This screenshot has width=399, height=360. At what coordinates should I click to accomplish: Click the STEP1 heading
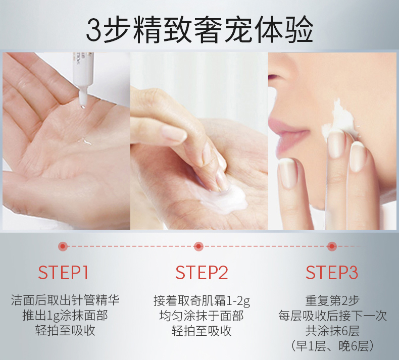(x=63, y=273)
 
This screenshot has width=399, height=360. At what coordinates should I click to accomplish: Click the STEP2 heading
(x=202, y=273)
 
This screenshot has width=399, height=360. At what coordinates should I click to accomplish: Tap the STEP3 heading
(x=332, y=273)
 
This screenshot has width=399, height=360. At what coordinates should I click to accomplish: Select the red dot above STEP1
(x=63, y=246)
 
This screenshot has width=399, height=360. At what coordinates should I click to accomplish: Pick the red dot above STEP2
(x=198, y=246)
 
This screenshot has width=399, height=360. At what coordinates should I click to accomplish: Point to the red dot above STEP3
(x=332, y=246)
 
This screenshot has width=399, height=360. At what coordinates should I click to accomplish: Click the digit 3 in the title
(x=94, y=30)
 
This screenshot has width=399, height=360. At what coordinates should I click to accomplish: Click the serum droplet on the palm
(x=85, y=142)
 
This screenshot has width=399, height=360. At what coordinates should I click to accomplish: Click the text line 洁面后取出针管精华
(x=65, y=300)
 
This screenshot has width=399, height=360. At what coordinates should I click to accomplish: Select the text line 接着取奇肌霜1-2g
(x=202, y=300)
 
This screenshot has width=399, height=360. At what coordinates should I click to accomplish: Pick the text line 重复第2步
(x=332, y=300)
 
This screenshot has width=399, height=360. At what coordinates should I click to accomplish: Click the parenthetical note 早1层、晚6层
(x=332, y=345)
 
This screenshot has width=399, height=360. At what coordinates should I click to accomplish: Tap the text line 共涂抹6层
(x=332, y=331)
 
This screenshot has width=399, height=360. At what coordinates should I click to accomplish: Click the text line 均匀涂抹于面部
(x=202, y=316)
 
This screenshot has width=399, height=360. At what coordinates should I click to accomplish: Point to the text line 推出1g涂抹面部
(x=65, y=316)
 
